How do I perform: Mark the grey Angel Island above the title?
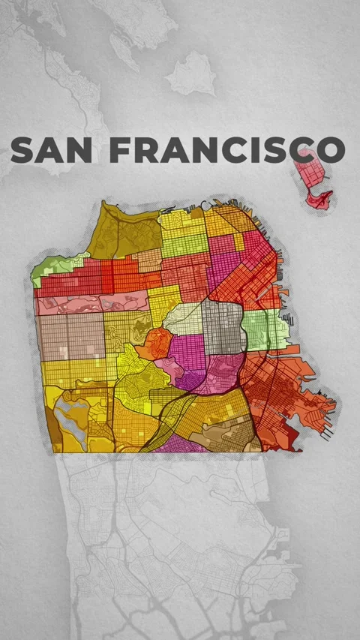tap(191, 74)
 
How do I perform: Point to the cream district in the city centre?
tap(184, 319)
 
